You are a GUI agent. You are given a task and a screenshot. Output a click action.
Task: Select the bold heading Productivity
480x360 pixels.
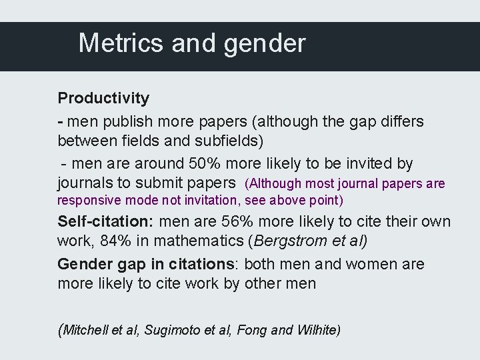103,98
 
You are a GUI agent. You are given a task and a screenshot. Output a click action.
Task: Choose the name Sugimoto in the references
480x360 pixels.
169,329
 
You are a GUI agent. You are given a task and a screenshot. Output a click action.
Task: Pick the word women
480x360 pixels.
369,264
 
